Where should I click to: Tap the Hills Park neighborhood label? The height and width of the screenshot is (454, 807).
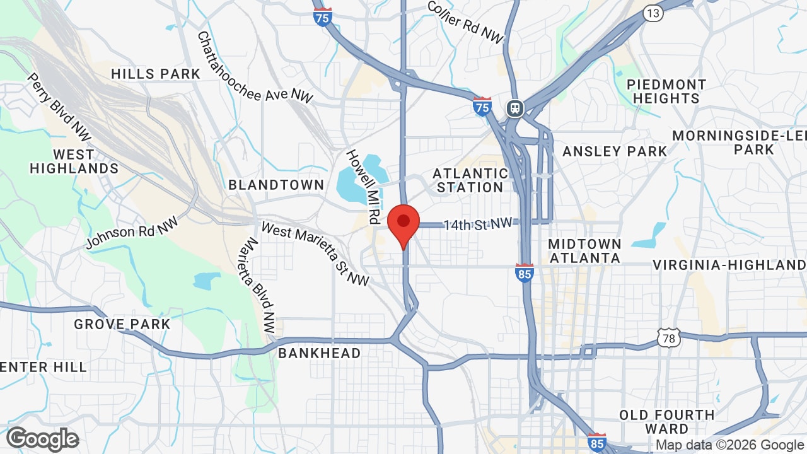click(156, 74)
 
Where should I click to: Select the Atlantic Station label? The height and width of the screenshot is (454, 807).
click(471, 180)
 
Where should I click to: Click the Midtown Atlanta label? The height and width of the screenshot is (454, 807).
click(584, 251)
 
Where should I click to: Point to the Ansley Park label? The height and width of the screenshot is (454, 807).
click(615, 151)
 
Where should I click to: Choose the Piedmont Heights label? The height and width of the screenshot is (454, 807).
click(666, 91)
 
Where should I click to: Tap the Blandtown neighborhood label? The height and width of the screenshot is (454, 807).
click(276, 185)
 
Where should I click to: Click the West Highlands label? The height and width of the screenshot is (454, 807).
click(74, 161)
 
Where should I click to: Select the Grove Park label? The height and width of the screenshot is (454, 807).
click(122, 324)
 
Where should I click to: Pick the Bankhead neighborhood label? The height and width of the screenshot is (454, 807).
click(320, 353)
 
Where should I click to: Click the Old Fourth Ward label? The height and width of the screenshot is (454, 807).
click(667, 422)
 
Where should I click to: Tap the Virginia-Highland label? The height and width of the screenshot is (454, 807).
click(729, 265)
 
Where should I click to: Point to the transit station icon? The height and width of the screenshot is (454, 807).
click(515, 108)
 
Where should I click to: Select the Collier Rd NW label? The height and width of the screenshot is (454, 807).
click(465, 22)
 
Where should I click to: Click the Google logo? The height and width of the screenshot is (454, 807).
click(43, 439)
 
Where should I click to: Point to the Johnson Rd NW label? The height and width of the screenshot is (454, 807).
click(132, 231)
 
